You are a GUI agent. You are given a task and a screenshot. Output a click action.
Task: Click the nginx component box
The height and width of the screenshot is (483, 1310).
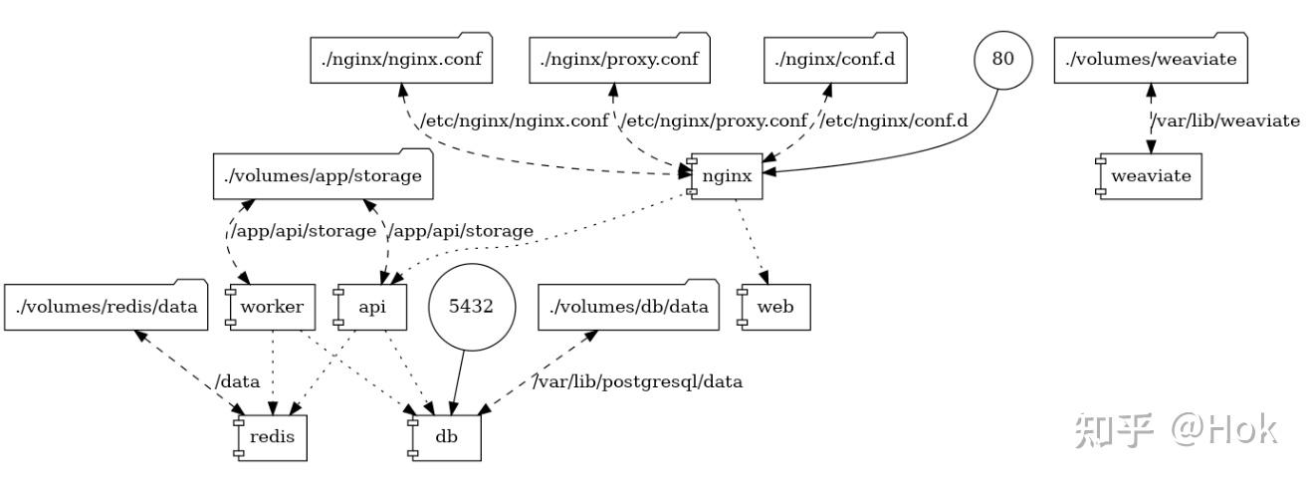tap(725, 176)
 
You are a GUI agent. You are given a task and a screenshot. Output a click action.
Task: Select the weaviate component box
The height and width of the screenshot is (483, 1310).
tap(1149, 176)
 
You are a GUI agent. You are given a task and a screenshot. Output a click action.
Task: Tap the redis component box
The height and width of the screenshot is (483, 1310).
tap(270, 438)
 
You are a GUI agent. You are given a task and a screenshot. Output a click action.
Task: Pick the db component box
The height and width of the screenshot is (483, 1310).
tap(444, 438)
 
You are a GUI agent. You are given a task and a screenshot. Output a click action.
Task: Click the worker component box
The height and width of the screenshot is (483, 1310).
tap(270, 307)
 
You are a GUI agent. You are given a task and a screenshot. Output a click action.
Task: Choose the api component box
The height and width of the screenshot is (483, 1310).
tap(369, 307)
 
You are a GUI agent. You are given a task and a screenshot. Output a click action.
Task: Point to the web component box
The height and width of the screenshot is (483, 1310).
tap(773, 307)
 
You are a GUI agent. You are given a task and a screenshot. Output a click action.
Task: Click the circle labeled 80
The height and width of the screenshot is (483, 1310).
tap(1003, 60)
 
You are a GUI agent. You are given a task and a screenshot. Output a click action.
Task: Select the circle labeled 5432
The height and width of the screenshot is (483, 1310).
tap(472, 307)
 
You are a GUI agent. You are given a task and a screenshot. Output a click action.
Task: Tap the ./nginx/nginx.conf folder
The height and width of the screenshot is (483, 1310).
tap(401, 58)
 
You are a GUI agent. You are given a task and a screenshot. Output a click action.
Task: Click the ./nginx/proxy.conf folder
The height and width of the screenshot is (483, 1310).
tap(619, 58)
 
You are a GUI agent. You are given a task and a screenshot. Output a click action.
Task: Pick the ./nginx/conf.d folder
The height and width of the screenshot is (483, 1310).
tap(835, 58)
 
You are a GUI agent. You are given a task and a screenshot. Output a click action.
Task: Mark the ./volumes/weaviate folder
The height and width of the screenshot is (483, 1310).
tap(1151, 58)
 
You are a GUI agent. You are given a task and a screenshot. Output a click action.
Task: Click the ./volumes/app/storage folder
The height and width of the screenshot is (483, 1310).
tap(323, 174)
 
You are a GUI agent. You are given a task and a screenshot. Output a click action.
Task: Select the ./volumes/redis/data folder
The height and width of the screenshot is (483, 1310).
tap(106, 306)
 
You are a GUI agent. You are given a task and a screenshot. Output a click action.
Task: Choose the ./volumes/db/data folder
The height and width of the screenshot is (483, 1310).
tap(629, 306)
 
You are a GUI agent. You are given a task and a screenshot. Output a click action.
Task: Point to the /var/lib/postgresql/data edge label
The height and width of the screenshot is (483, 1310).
tap(637, 381)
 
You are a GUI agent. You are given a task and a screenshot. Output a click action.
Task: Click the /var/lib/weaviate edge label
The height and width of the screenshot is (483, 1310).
tap(1225, 121)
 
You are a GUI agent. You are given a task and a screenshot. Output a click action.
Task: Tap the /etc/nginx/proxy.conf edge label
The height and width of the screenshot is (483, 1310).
tap(714, 121)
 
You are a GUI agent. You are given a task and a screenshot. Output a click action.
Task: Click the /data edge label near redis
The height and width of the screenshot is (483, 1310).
tap(237, 381)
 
